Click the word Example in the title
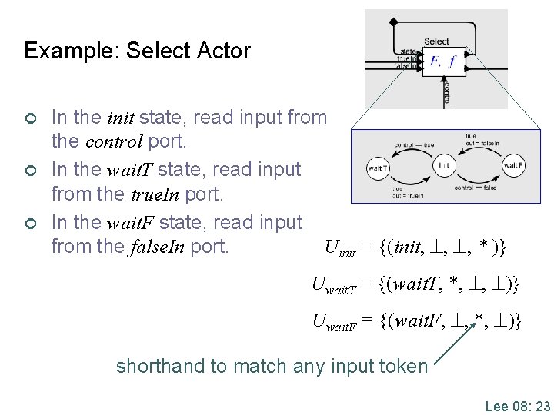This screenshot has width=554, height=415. click(x=65, y=51)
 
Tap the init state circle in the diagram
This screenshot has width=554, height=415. click(x=443, y=165)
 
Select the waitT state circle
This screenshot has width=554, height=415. click(x=378, y=167)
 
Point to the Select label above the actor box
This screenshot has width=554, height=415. click(x=436, y=41)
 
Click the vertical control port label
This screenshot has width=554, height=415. click(x=447, y=93)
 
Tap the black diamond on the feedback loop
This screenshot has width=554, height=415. click(x=393, y=22)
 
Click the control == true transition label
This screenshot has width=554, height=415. click(x=413, y=144)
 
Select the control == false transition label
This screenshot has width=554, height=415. click(x=475, y=188)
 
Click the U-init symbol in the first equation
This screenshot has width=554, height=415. click(x=339, y=248)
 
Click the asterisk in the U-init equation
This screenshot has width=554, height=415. click(x=483, y=247)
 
